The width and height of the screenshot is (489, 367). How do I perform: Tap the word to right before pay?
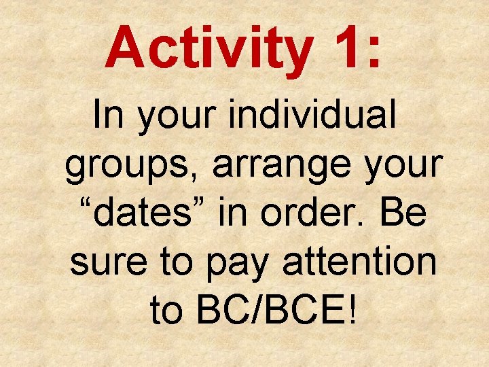click(181, 263)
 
